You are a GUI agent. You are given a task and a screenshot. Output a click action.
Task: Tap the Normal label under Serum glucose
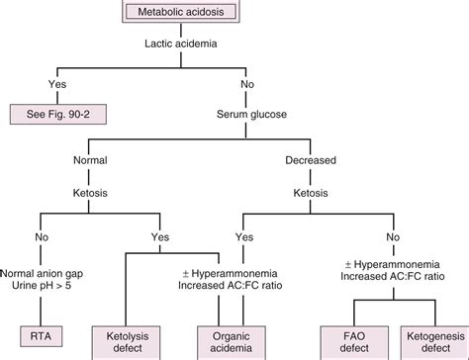coord(95,158)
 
